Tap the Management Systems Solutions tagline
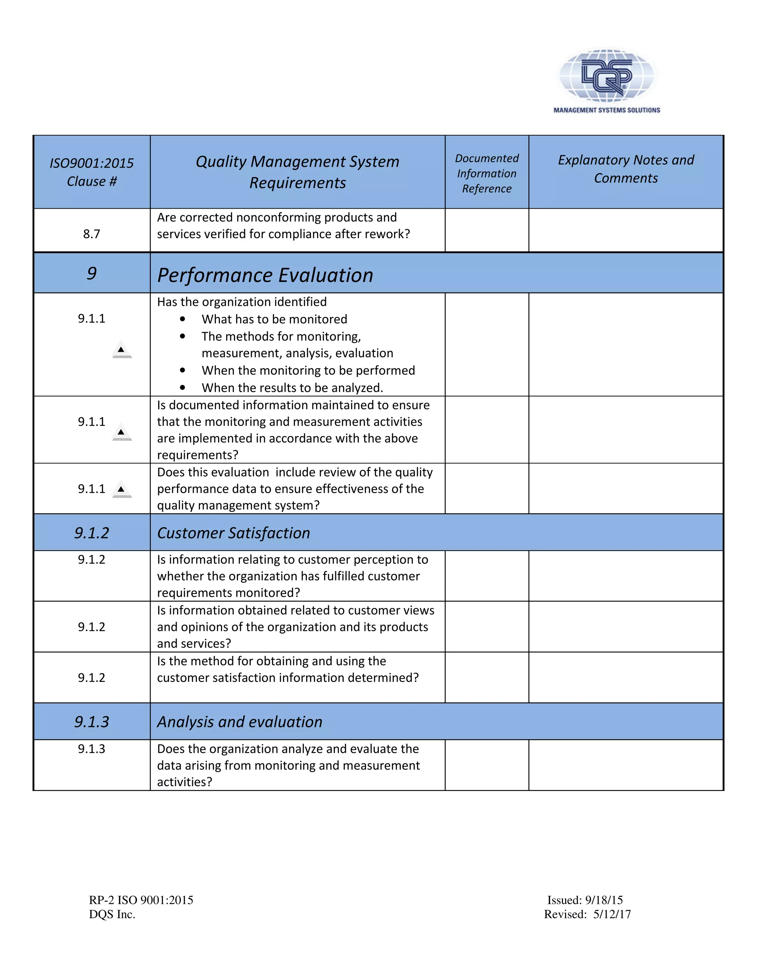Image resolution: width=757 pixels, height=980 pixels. coord(606,110)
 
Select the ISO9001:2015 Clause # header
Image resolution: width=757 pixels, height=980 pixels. coord(92,172)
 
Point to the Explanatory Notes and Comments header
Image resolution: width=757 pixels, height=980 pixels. coord(626,169)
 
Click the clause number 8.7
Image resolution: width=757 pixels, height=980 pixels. coord(92,234)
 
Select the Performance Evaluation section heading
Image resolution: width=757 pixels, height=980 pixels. coord(265,275)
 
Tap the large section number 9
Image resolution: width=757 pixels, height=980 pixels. coord(92,273)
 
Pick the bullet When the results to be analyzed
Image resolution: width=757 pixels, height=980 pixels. coord(292,388)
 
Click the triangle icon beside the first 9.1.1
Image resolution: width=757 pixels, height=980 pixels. coord(122,350)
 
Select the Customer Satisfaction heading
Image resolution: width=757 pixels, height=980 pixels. coord(233,533)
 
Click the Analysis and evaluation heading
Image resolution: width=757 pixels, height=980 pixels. coord(240,722)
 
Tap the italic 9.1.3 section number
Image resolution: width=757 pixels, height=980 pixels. coord(92,722)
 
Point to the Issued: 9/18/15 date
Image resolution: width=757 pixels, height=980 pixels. coord(585,900)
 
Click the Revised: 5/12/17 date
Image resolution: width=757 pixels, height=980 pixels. coord(587,915)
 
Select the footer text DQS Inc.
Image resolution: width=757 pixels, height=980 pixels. coord(112,915)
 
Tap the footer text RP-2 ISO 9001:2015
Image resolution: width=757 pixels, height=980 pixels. coord(141,900)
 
